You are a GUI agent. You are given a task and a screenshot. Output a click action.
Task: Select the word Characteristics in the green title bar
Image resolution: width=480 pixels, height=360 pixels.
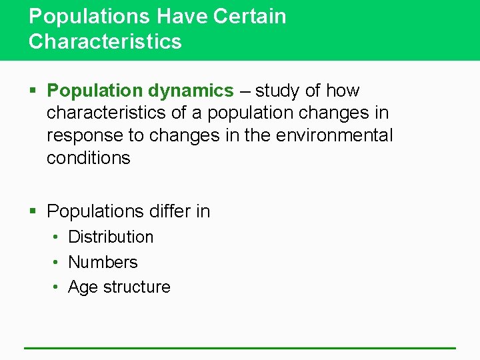105,41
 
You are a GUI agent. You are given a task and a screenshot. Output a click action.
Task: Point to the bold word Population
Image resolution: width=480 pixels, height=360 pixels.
95,90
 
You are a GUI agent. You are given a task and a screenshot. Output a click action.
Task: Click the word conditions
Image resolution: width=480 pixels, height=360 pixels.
89,158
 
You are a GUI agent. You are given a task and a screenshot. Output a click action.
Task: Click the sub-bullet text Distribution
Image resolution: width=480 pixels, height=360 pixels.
111,237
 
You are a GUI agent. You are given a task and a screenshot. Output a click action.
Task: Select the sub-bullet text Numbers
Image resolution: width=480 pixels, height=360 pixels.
103,262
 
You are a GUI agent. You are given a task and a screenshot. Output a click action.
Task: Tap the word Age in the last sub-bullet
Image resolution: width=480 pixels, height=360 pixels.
83,287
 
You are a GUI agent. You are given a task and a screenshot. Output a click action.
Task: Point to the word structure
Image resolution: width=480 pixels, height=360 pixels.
137,287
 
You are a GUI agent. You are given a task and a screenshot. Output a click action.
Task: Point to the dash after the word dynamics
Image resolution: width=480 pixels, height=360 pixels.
244,91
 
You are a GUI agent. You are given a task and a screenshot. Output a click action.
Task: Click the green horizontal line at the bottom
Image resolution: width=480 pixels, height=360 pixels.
240,347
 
